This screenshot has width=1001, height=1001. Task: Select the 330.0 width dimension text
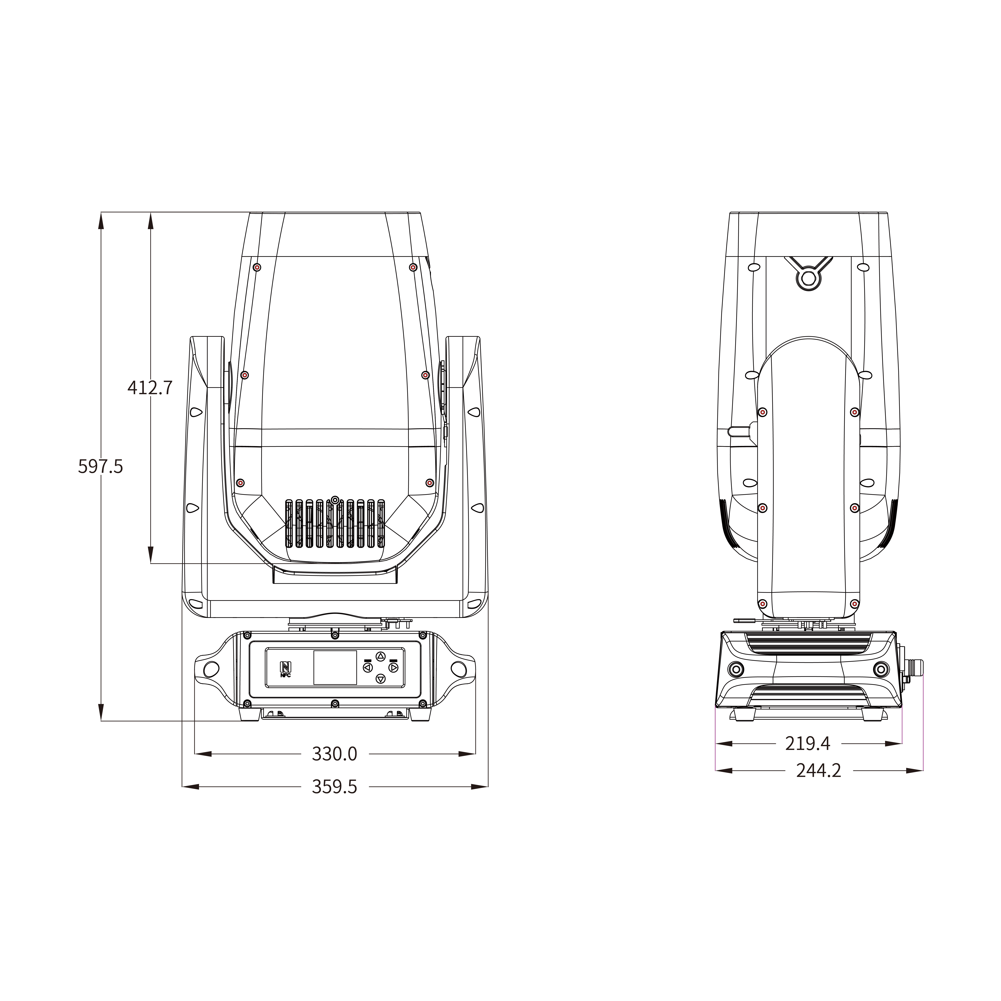click(x=334, y=754)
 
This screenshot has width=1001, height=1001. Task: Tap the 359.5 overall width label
click(x=334, y=787)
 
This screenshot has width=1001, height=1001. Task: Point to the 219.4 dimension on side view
click(x=807, y=743)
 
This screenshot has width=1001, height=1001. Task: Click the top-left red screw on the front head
click(x=257, y=267)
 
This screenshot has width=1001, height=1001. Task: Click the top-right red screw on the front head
click(x=413, y=267)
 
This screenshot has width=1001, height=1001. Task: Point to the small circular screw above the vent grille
click(x=335, y=500)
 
